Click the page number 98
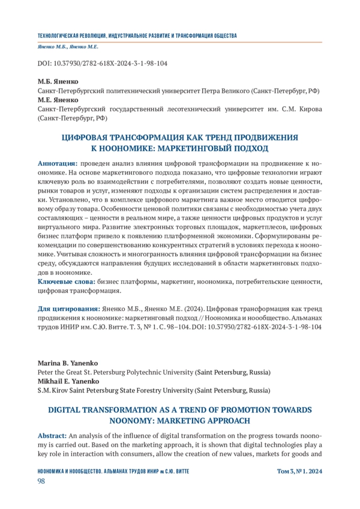pos(42,482)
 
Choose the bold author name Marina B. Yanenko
pos(67,363)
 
